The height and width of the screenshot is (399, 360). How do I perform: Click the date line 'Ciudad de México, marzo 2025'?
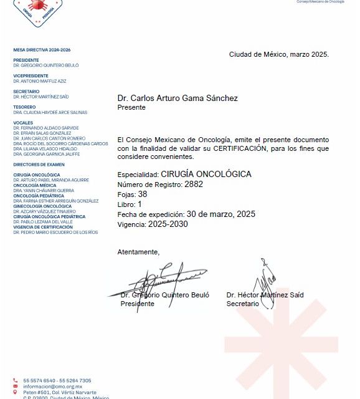pyautogui.click(x=278, y=54)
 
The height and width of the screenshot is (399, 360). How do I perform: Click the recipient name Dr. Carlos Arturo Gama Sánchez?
pyautogui.click(x=178, y=98)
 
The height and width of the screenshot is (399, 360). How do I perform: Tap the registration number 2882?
pyautogui.click(x=194, y=185)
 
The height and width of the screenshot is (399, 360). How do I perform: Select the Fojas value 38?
pyautogui.click(x=143, y=194)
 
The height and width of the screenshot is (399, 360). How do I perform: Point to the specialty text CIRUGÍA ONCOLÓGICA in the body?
pyautogui.click(x=206, y=174)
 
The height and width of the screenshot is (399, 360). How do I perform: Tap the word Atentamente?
pyautogui.click(x=138, y=252)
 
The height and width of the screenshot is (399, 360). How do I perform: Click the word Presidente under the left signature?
pyautogui.click(x=137, y=304)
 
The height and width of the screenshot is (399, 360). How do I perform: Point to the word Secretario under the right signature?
pyautogui.click(x=242, y=303)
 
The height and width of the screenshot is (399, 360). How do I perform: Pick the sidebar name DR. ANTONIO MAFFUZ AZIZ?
pyautogui.click(x=40, y=81)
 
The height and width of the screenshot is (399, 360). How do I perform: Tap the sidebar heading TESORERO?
pyautogui.click(x=24, y=107)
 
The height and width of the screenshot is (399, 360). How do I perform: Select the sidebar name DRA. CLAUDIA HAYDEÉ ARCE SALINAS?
pyautogui.click(x=50, y=113)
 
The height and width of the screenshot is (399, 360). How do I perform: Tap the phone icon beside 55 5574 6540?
pyautogui.click(x=16, y=380)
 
